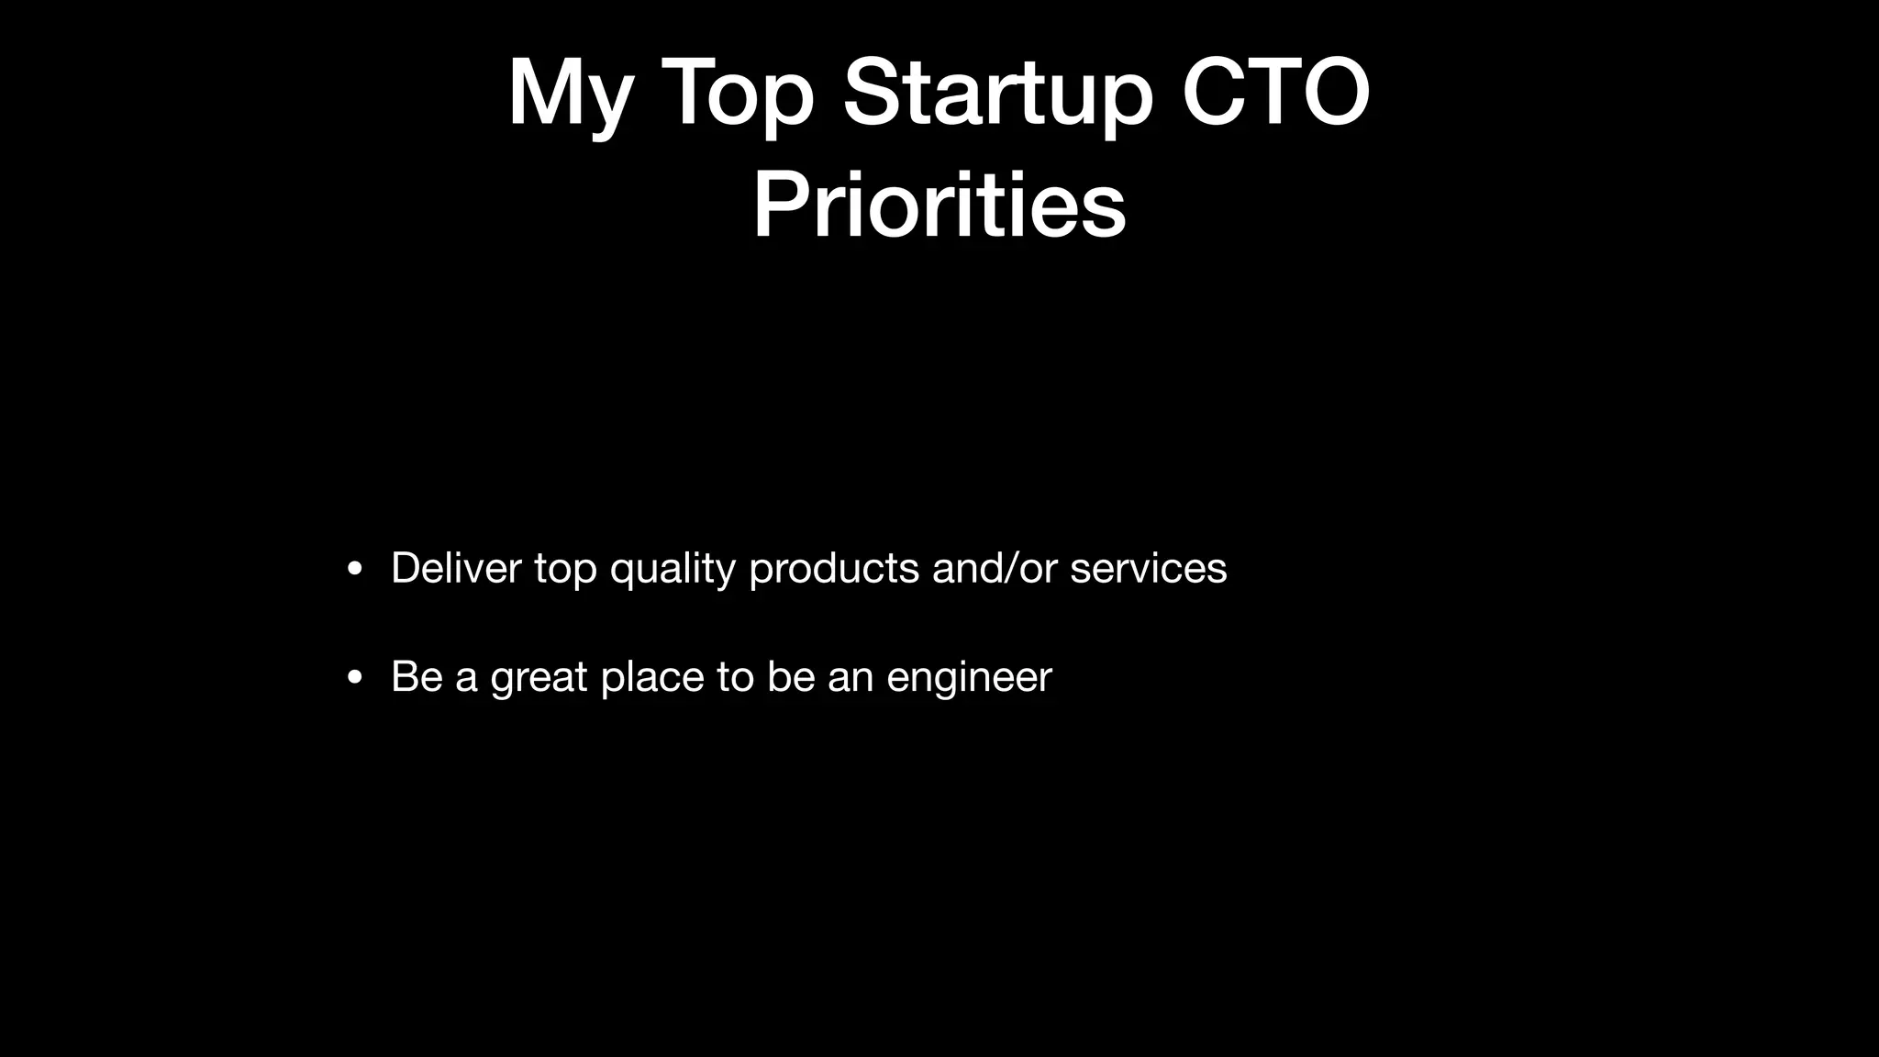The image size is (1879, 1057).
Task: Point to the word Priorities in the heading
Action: click(x=939, y=206)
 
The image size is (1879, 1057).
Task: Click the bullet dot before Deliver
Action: click(x=355, y=569)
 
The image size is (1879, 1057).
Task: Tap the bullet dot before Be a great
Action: click(x=355, y=678)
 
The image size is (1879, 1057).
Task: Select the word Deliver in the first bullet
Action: click(x=456, y=568)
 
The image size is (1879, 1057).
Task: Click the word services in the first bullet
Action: click(x=1148, y=568)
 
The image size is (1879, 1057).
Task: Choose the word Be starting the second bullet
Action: click(x=417, y=677)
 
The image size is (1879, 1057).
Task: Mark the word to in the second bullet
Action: click(x=735, y=677)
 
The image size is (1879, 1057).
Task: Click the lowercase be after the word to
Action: click(x=791, y=677)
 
